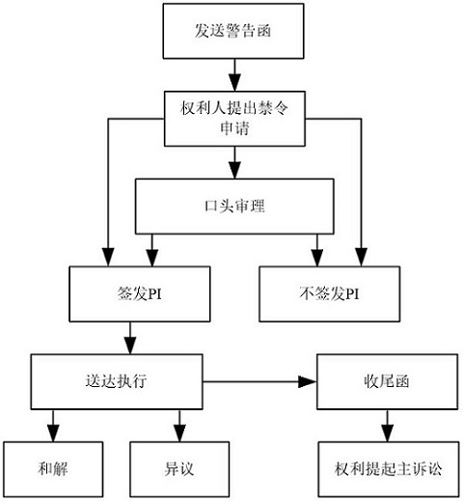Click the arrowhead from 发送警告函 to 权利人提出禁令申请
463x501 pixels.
[x=234, y=83]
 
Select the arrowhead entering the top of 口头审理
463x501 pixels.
[x=234, y=170]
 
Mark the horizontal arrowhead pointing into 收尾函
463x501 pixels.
[x=308, y=381]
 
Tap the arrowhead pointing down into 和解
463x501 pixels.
[x=53, y=433]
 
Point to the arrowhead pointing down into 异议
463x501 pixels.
[x=179, y=433]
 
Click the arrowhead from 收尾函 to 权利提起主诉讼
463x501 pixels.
[x=387, y=433]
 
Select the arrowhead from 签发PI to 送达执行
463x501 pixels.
[x=130, y=346]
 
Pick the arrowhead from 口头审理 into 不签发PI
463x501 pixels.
[x=317, y=258]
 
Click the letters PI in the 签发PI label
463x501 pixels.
[x=154, y=294]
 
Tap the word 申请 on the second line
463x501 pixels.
[x=234, y=128]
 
